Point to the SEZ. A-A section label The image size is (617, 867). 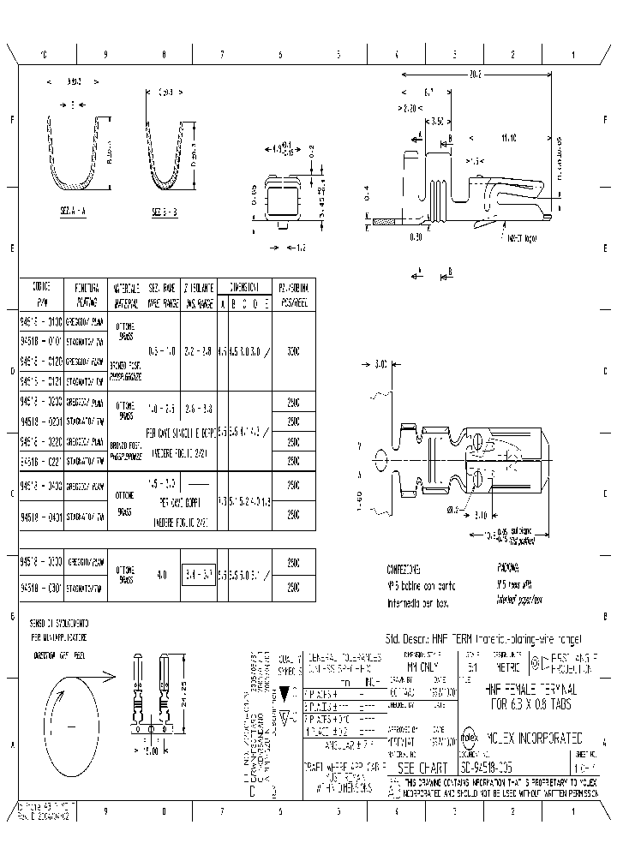pyautogui.click(x=74, y=211)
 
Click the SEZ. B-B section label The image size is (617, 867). pyautogui.click(x=166, y=211)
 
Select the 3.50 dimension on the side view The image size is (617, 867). pyautogui.click(x=435, y=122)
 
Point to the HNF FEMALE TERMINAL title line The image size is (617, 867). pyautogui.click(x=531, y=689)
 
